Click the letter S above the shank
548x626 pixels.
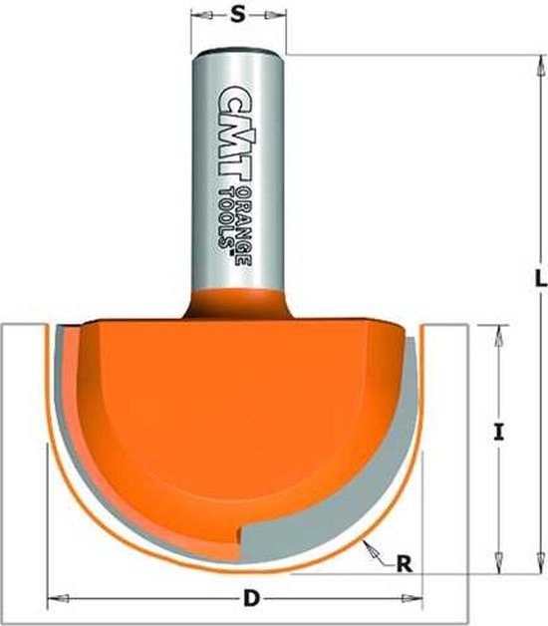(236, 15)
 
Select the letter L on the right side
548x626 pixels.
(539, 281)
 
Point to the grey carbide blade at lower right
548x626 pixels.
(329, 528)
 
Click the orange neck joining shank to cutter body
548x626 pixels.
(236, 299)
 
